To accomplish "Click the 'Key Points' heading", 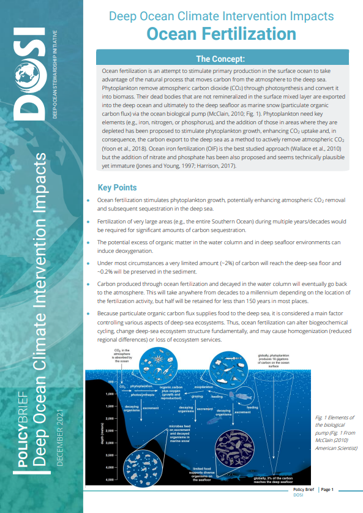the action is (118, 187).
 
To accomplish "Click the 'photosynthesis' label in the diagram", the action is (141, 395).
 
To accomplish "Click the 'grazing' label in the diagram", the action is (198, 396).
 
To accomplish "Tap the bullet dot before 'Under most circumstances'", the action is (90, 263).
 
